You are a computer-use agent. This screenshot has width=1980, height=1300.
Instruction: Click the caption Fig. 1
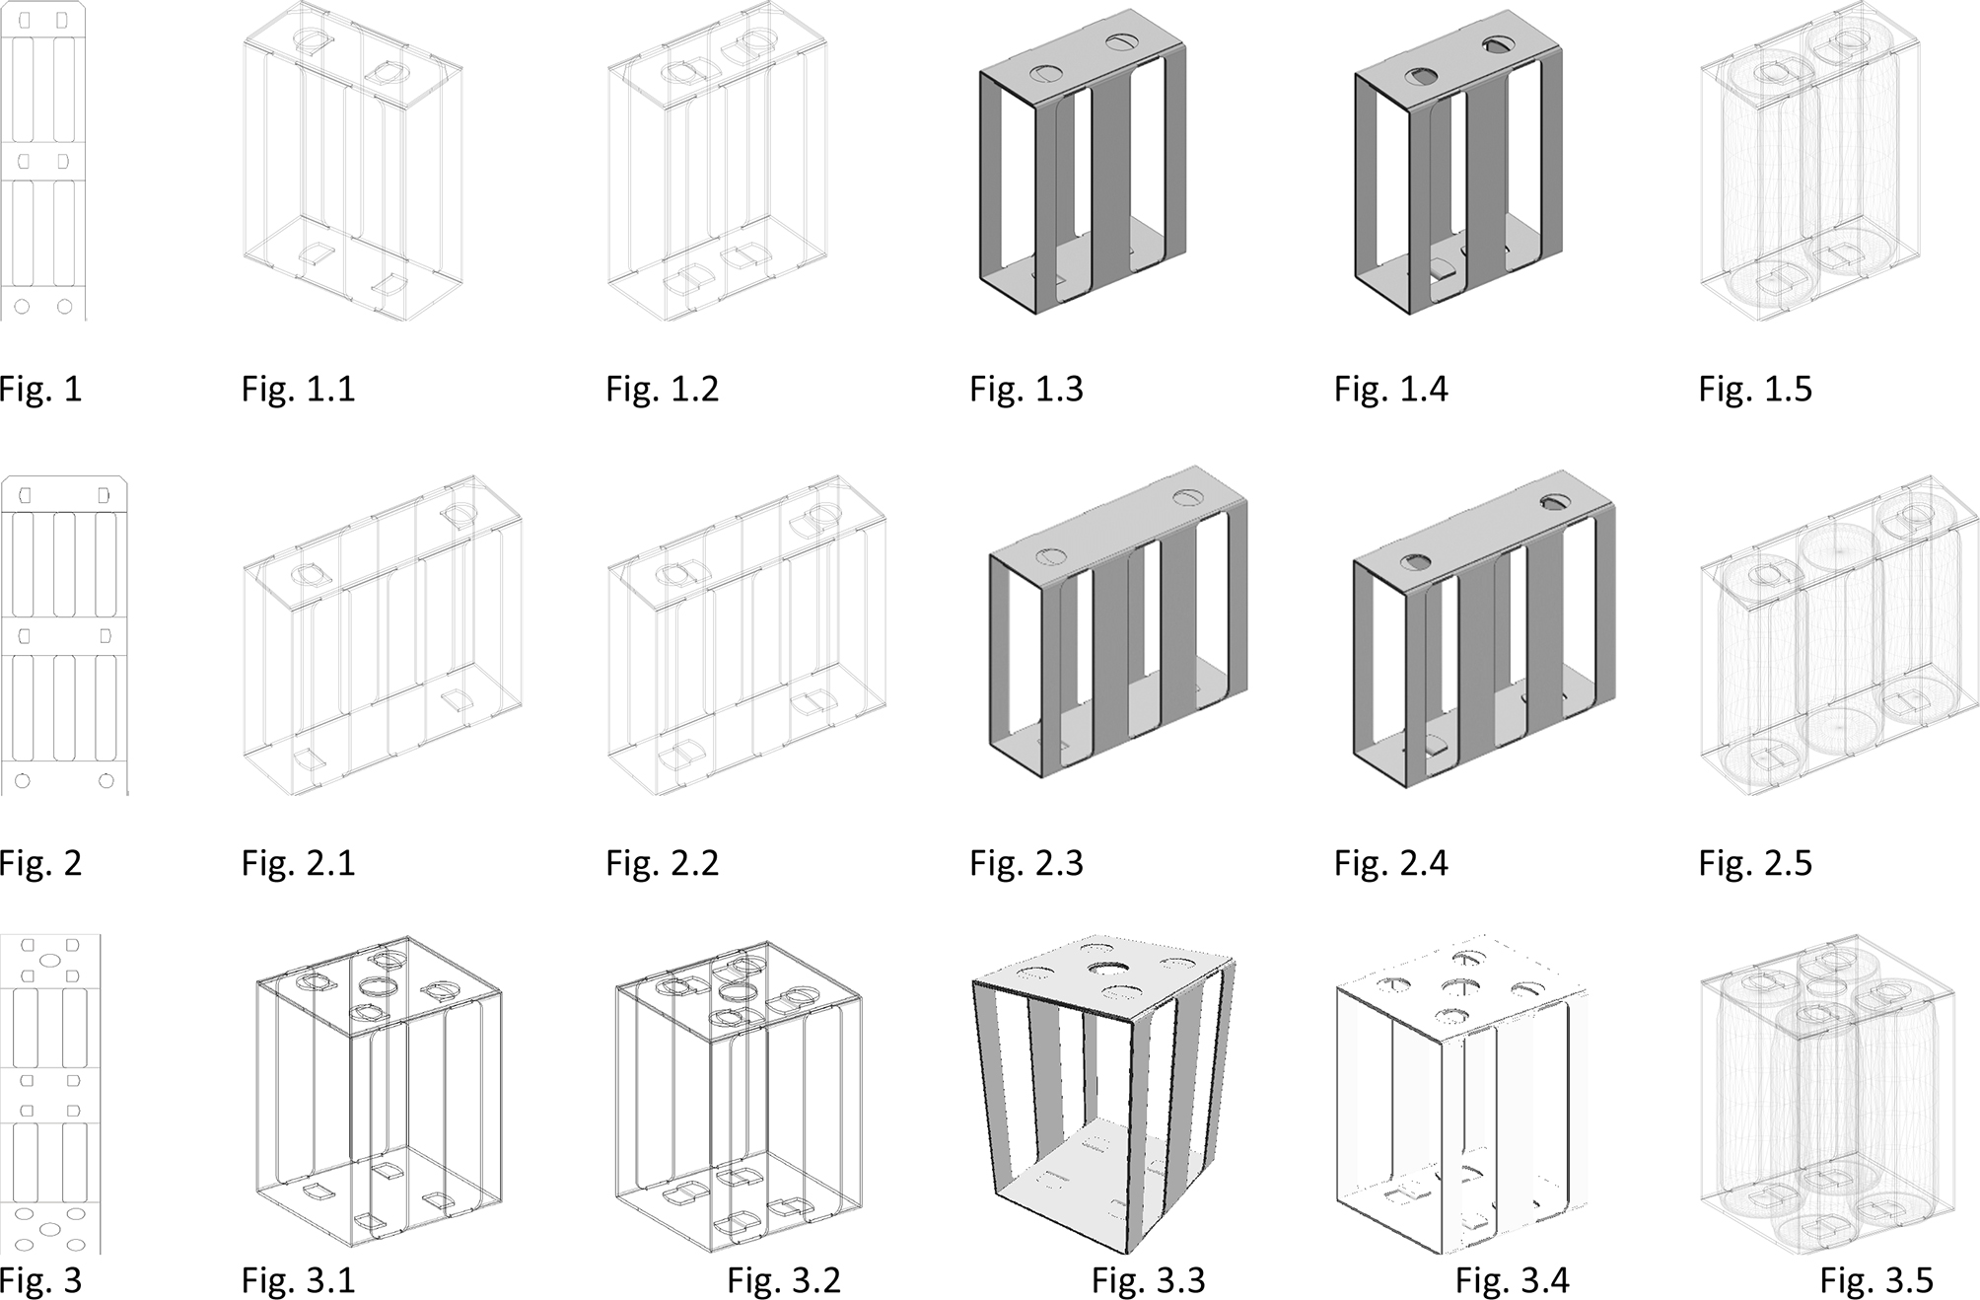[40, 390]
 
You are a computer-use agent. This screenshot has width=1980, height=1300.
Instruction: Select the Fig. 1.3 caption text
[1026, 390]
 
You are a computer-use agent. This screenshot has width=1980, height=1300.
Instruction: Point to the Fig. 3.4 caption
[1513, 1281]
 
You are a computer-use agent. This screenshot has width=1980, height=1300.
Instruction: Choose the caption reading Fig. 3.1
[298, 1281]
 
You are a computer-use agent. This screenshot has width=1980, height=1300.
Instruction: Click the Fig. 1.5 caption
[1755, 390]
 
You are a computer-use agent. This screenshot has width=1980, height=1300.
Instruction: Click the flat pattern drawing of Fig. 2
[64, 636]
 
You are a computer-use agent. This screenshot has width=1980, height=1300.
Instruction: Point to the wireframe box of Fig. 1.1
[352, 163]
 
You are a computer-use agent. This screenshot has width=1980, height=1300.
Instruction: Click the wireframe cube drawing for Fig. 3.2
[739, 1096]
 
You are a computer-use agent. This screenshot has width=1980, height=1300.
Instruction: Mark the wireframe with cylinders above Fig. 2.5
[1839, 636]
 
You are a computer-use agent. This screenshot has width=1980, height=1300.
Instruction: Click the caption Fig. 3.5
[1876, 1281]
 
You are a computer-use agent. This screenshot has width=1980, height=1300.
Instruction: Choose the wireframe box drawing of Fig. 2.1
[383, 636]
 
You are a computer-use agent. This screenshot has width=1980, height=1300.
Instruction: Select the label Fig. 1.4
[1391, 390]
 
